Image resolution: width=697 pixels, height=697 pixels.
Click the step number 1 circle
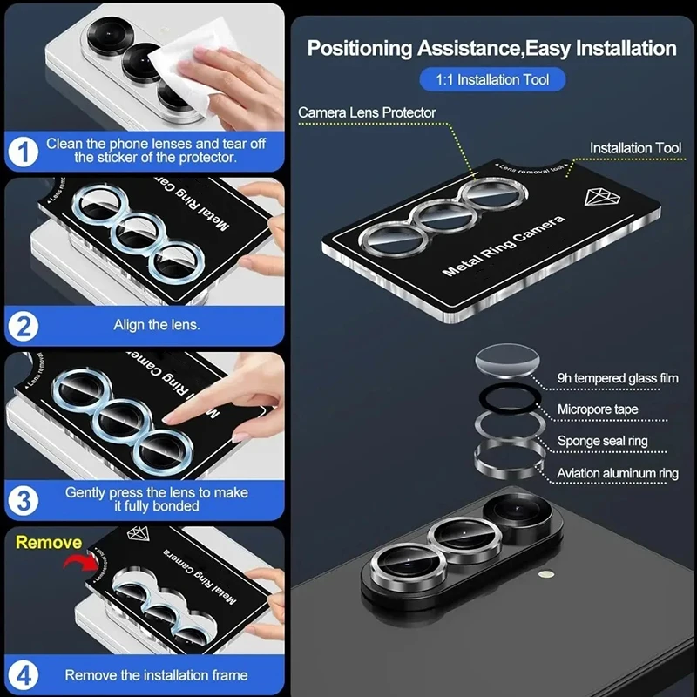point(24,152)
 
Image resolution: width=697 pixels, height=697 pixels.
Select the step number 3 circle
point(24,500)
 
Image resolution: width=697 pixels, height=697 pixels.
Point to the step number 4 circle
point(24,675)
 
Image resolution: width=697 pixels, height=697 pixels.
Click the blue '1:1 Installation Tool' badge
point(492,79)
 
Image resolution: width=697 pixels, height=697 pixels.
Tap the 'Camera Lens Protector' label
point(367,112)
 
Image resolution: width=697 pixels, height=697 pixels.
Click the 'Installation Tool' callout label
point(635,148)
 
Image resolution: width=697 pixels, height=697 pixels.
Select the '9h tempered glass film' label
point(618,378)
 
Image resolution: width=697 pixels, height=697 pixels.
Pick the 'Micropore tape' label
point(598,409)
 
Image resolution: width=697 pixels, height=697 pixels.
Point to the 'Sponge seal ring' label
point(602,441)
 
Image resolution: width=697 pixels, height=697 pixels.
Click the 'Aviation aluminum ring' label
point(618,473)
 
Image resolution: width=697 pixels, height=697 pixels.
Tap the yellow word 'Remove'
point(49,542)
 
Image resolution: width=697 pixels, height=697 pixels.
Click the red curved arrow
point(80,561)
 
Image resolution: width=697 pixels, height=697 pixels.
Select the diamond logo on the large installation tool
point(602,197)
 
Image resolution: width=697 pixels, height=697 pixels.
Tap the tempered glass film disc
point(508,360)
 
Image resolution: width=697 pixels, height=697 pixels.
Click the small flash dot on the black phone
point(546,574)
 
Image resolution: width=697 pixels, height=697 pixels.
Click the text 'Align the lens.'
point(157,325)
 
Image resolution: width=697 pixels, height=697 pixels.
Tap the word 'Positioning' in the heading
point(360,49)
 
